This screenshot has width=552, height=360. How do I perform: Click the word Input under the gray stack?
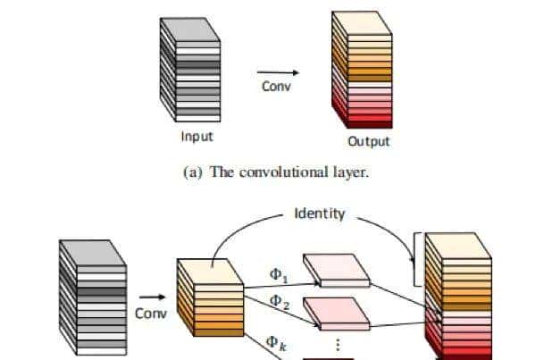[x=197, y=137]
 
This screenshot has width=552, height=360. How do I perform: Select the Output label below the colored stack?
[x=369, y=141]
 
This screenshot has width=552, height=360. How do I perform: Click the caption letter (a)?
[x=193, y=172]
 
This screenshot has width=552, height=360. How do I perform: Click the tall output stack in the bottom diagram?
[x=457, y=295]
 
